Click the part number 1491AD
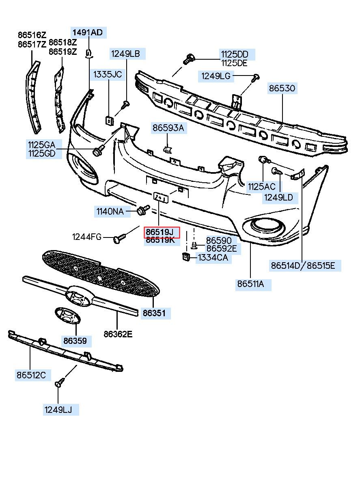[x=88, y=32]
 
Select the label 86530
[x=282, y=88]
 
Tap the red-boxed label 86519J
[x=160, y=232]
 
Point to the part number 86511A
[x=250, y=284]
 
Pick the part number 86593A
[x=168, y=127]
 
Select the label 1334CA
[x=213, y=257]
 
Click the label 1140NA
[x=110, y=211]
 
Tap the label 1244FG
[x=87, y=237]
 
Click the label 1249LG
[x=216, y=76]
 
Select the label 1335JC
[x=108, y=74]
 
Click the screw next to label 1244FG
[x=119, y=238]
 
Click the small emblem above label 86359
[x=68, y=315]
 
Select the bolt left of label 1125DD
[x=189, y=59]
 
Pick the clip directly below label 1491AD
[x=88, y=54]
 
